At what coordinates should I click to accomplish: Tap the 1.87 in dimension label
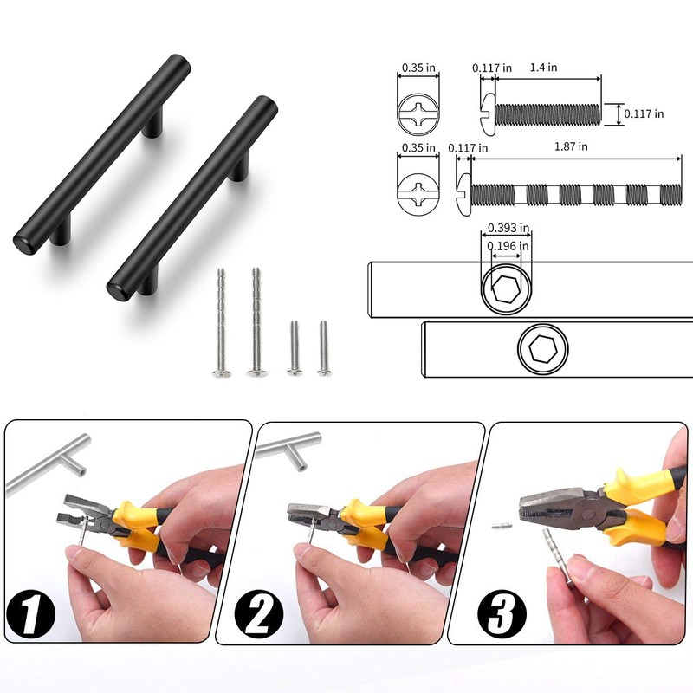click(572, 147)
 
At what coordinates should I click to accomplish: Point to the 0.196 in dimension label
click(506, 247)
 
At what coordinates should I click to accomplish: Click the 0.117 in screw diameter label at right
click(646, 113)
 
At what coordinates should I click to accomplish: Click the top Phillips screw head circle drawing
click(417, 113)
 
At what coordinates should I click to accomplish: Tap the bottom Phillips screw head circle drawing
click(417, 189)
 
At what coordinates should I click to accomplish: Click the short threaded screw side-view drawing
click(541, 113)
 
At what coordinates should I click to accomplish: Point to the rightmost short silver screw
click(323, 348)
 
